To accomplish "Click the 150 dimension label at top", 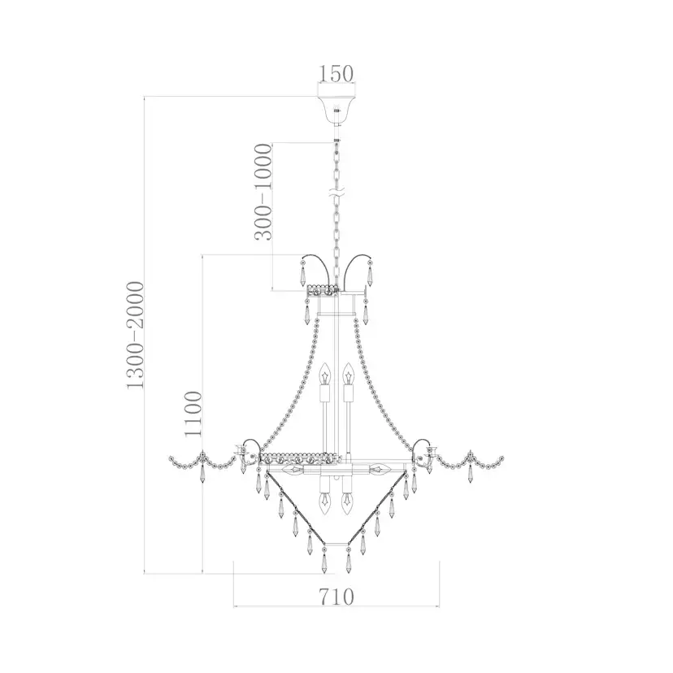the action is (x=336, y=74).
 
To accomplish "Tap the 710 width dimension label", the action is (x=336, y=597).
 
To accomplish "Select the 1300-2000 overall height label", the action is (x=134, y=336).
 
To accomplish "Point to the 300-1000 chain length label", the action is (x=263, y=192).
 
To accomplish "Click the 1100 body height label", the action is (x=193, y=414).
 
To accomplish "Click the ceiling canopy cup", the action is (x=336, y=111).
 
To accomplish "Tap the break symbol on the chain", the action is (x=336, y=194).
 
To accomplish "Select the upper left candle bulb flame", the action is (x=326, y=374).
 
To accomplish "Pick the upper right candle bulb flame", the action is (x=348, y=374).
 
